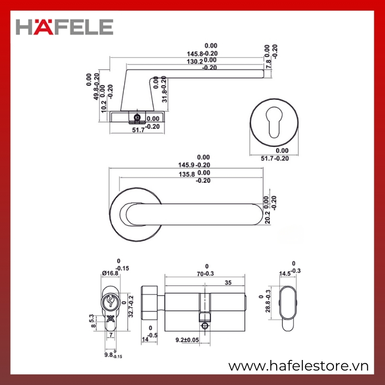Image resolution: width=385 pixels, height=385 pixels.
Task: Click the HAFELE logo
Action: point(64,27)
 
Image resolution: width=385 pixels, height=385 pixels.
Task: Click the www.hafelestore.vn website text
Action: point(298,366)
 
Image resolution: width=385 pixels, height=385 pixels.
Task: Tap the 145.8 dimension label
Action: point(195,54)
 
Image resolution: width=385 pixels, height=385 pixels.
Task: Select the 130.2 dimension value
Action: point(195,62)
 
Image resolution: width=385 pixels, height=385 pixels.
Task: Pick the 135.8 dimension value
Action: point(187,174)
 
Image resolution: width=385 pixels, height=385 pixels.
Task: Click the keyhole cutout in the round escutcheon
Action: point(274,122)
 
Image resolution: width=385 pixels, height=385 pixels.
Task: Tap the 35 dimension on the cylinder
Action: point(228,282)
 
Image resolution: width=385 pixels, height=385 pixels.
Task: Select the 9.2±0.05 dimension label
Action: point(187,340)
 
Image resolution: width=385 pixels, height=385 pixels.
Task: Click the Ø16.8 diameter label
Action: point(110,273)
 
